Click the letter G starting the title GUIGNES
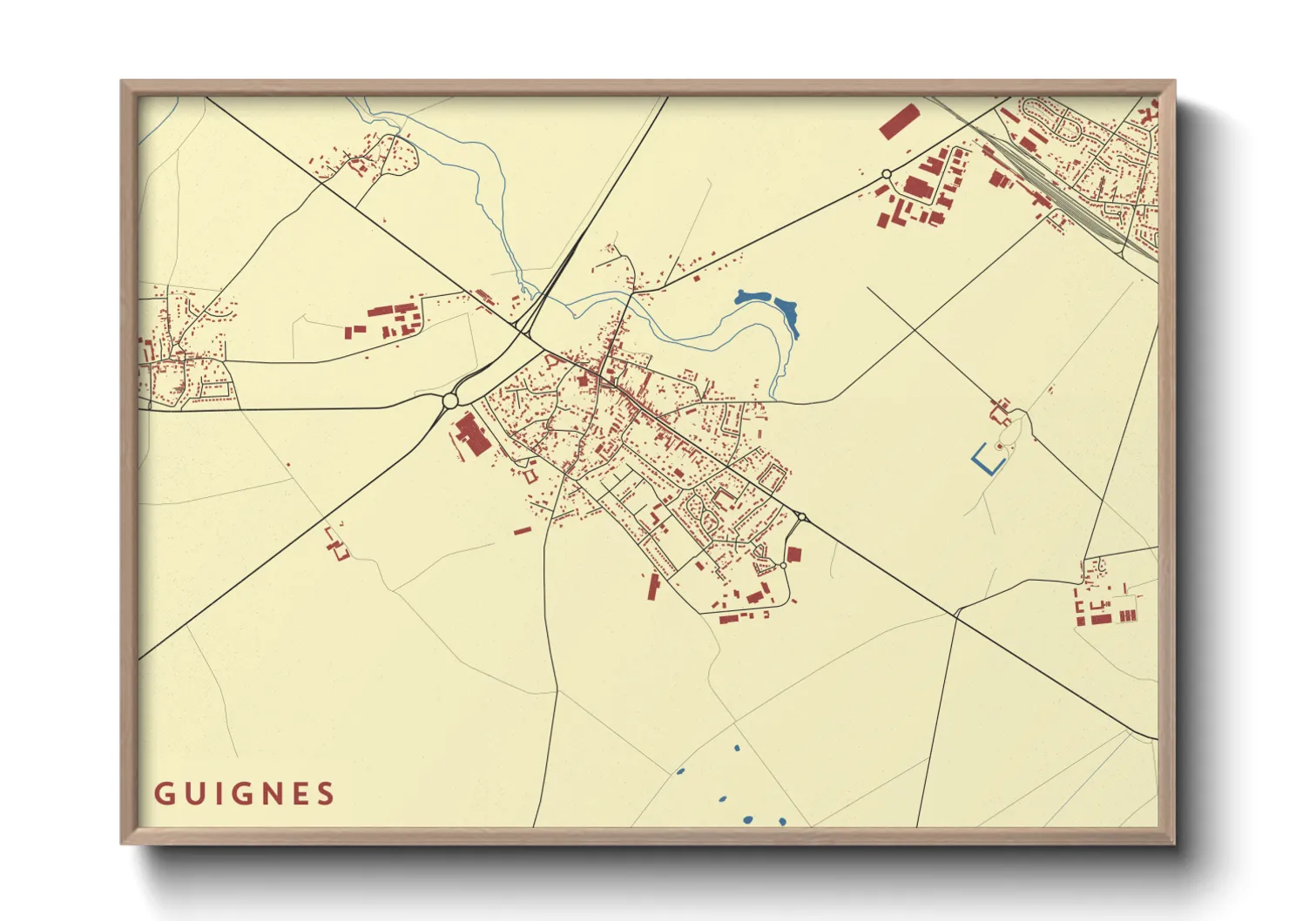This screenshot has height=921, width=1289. coord(163,794)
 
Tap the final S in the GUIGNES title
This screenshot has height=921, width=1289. coord(326,794)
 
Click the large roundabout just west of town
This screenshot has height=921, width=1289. coord(450,400)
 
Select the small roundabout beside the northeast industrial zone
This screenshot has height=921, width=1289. coord(887,174)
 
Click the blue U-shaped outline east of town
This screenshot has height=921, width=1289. coord(986,460)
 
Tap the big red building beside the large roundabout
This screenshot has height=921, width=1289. coord(473,434)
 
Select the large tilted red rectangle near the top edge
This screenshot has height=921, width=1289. coord(899,121)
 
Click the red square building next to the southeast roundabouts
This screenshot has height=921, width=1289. coord(793,554)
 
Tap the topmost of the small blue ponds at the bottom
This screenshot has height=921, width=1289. coord(737,748)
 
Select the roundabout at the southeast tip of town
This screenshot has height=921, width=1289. coord(801,517)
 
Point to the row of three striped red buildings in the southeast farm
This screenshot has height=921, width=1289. coord(1128,615)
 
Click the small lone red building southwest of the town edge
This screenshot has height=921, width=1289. coord(522,530)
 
